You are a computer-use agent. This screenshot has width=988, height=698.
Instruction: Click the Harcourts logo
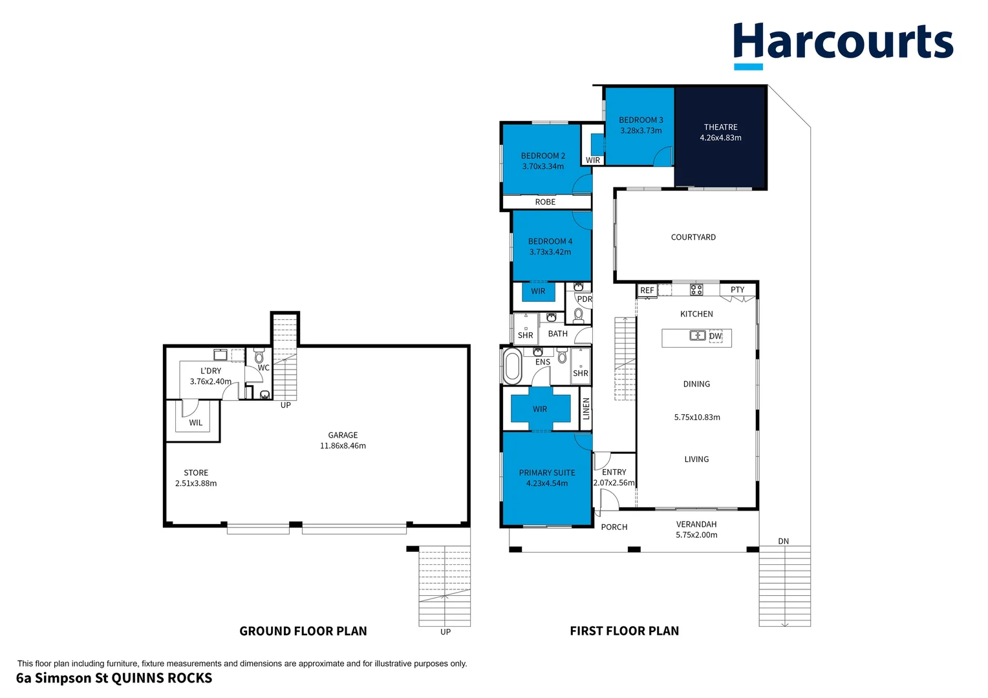(843, 44)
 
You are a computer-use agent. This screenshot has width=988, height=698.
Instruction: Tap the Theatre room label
(720, 127)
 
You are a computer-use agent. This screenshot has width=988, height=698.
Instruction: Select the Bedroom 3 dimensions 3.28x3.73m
(641, 131)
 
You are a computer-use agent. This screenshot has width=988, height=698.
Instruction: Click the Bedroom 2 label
(542, 156)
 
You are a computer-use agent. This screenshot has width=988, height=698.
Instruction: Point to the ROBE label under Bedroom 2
(545, 202)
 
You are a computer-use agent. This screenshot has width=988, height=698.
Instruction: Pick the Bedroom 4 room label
(550, 241)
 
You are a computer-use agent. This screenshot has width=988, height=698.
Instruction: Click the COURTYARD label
(693, 237)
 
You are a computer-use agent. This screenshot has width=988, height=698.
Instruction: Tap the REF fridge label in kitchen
(647, 291)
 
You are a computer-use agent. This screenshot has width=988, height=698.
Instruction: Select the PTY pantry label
(737, 290)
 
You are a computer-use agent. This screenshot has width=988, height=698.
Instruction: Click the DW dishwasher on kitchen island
(715, 336)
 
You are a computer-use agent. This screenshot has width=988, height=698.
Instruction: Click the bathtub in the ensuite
(513, 366)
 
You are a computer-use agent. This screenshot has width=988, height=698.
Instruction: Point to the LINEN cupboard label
(586, 408)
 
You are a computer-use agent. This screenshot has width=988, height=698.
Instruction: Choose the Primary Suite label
(546, 472)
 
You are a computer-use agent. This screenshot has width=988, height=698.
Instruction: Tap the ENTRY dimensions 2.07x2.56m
(614, 483)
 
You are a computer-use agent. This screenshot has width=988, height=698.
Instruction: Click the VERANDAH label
(696, 524)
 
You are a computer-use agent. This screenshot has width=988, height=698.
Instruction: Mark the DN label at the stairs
(783, 542)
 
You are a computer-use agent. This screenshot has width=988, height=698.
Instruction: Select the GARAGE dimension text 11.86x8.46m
(343, 446)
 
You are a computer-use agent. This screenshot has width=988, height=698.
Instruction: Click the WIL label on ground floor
(195, 423)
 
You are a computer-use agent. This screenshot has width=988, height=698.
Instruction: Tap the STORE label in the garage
(195, 472)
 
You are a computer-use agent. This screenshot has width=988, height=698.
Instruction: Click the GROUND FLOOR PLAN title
(303, 631)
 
